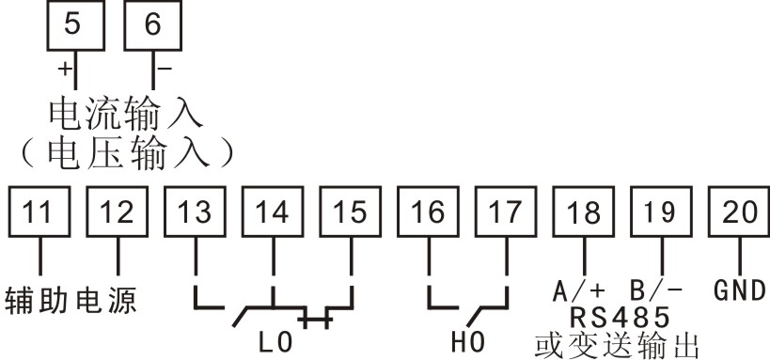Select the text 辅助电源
[x=71, y=301]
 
